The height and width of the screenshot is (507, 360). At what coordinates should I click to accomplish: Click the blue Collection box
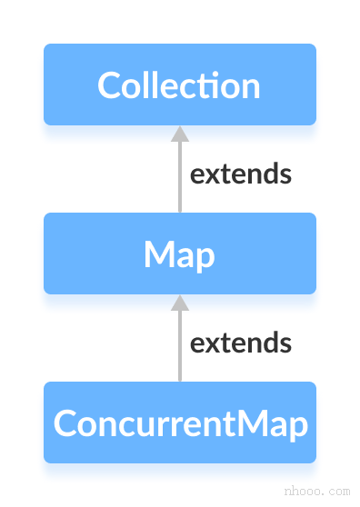tap(179, 84)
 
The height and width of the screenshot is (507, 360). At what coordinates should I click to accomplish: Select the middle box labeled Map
tap(179, 253)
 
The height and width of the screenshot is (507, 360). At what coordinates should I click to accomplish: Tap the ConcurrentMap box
tap(179, 422)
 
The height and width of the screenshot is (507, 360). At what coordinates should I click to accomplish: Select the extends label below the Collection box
tap(240, 174)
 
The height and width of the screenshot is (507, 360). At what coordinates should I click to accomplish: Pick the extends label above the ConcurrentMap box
tap(240, 343)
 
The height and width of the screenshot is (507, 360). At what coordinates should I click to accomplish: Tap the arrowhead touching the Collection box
tap(179, 134)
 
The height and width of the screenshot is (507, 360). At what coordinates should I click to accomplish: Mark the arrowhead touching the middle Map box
tap(179, 303)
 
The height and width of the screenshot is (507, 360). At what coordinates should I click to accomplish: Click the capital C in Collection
tap(109, 85)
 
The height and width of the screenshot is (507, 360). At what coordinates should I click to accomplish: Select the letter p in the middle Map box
tap(205, 258)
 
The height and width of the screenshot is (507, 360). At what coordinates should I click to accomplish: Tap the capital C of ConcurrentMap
tap(65, 423)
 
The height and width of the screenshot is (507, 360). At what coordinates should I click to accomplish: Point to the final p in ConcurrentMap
tap(298, 427)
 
